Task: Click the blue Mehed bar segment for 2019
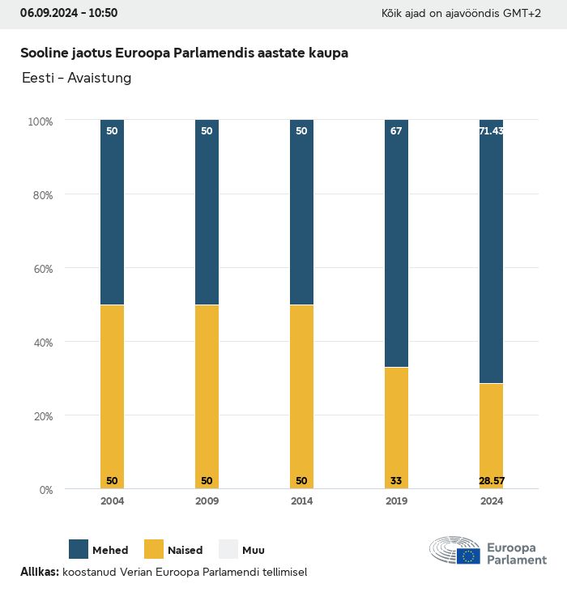pyautogui.click(x=396, y=243)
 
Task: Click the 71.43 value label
pyautogui.click(x=491, y=130)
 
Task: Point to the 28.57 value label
pyautogui.click(x=491, y=481)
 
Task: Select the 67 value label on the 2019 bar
pyautogui.click(x=396, y=130)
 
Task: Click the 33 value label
pyautogui.click(x=396, y=481)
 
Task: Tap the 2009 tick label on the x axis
pyautogui.click(x=207, y=501)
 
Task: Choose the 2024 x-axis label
pyautogui.click(x=491, y=501)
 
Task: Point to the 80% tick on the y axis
pyautogui.click(x=40, y=195)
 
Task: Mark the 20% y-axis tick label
pyautogui.click(x=40, y=416)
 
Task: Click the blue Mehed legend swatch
pyautogui.click(x=79, y=549)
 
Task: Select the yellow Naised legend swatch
pyautogui.click(x=154, y=549)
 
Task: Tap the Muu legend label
pyautogui.click(x=253, y=551)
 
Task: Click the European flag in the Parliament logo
pyautogui.click(x=468, y=556)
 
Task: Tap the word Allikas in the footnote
pyautogui.click(x=39, y=572)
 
